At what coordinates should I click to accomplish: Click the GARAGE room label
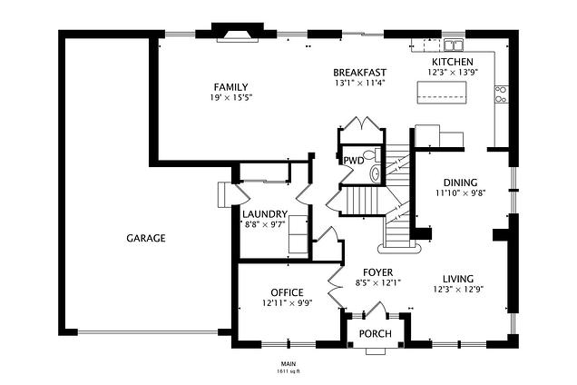(x=146, y=239)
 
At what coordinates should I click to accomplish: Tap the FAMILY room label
(x=230, y=87)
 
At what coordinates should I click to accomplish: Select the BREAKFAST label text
(x=359, y=73)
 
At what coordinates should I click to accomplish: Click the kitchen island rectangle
(x=442, y=93)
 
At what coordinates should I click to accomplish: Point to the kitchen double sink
(x=454, y=45)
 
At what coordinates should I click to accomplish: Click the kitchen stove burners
(x=501, y=94)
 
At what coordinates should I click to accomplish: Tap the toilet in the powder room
(x=372, y=154)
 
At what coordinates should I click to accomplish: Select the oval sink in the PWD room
(x=376, y=173)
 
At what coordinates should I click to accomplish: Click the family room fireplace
(x=238, y=33)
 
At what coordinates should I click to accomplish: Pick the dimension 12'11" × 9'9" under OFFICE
(x=287, y=303)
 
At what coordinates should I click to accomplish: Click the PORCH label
(x=375, y=334)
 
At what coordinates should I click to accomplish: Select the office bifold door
(x=336, y=286)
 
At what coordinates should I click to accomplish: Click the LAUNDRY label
(x=265, y=214)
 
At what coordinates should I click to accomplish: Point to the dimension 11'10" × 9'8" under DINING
(x=460, y=192)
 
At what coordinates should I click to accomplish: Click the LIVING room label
(x=458, y=279)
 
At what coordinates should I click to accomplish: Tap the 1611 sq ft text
(x=288, y=371)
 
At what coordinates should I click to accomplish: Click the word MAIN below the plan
(x=288, y=364)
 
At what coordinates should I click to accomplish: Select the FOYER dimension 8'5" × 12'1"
(x=377, y=283)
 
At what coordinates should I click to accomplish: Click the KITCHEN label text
(x=452, y=62)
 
